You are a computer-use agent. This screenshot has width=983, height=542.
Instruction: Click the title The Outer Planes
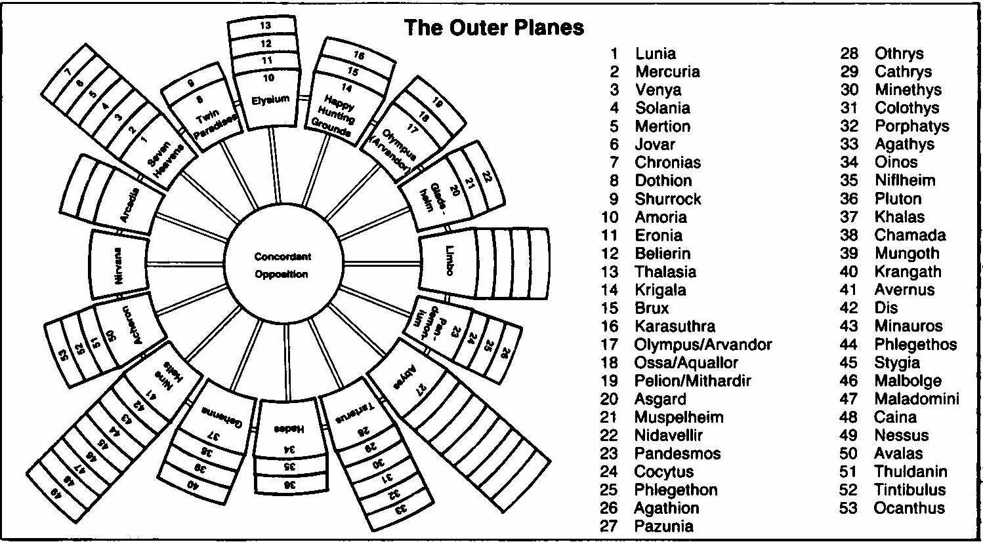tap(493, 28)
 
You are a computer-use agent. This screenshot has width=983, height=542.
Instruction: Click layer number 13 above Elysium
tap(265, 26)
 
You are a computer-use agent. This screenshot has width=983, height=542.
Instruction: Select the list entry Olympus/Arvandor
tap(703, 345)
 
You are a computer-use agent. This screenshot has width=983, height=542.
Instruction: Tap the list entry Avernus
tap(904, 290)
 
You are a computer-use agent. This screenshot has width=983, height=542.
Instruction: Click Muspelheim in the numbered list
tap(679, 417)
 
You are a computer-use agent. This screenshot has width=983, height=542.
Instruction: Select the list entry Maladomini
tap(916, 399)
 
